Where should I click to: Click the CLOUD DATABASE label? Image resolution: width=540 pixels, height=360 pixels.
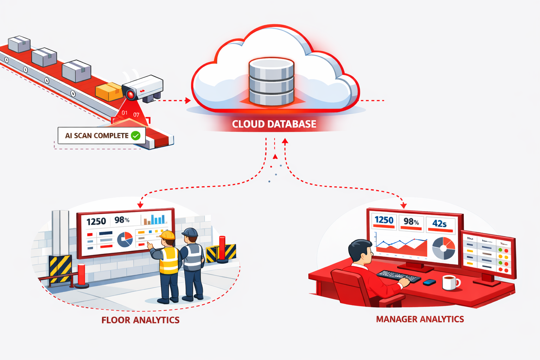tap(274, 124)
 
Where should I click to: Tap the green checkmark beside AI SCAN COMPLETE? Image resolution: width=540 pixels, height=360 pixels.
tap(136, 135)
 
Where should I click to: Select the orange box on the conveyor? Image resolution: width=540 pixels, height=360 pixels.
tap(109, 91)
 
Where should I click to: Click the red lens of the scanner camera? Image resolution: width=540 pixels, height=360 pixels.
tap(131, 94)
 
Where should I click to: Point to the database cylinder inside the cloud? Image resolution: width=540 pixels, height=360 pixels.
tap(271, 82)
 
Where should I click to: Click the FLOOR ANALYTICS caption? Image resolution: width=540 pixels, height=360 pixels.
tap(140, 320)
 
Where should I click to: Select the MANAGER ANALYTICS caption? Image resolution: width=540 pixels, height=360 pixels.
tap(420, 319)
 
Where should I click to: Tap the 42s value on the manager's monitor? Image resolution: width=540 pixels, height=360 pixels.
tap(439, 224)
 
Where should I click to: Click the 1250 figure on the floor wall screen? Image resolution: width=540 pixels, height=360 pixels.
tap(96, 221)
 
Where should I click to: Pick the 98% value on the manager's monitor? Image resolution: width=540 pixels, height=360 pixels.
tap(411, 221)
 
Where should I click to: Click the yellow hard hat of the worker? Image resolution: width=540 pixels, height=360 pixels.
tap(167, 235)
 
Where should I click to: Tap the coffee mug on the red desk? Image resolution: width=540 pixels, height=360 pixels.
tap(450, 282)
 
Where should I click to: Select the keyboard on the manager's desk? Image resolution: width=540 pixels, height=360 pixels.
tap(398, 276)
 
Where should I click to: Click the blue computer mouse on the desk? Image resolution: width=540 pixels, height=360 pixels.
tap(429, 282)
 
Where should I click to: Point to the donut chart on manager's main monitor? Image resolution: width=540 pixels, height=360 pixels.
tap(443, 248)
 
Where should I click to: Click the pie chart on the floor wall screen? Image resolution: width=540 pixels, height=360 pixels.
tap(125, 239)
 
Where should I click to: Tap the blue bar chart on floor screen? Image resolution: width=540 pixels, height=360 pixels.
tap(155, 220)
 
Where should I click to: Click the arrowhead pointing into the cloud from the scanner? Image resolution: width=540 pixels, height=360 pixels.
tap(188, 101)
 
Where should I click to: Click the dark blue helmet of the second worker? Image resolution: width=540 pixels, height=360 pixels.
tap(190, 232)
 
